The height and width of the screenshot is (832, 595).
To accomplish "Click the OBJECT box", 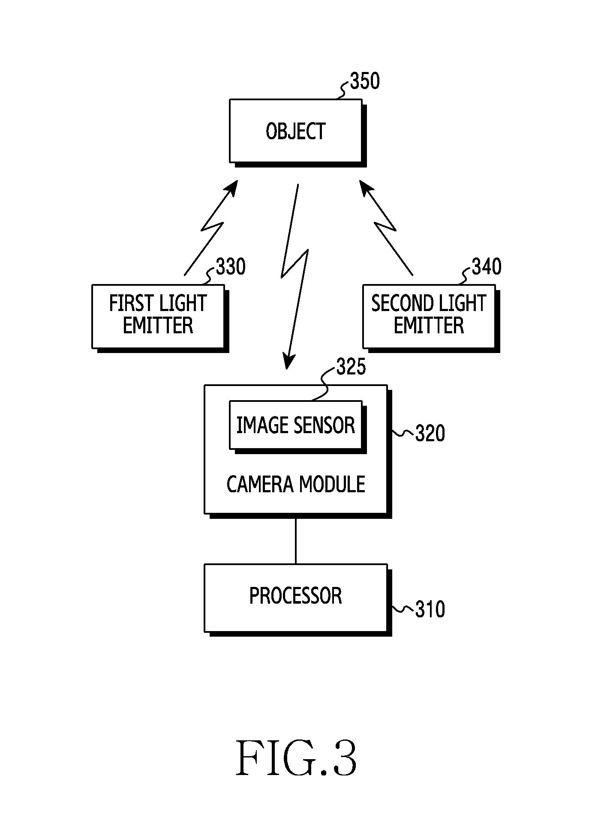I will pos(296,131).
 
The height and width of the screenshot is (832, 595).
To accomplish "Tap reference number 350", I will pos(365,81).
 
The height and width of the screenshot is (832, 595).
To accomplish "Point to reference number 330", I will pos(231,267).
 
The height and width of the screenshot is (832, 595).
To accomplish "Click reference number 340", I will pos(487,267).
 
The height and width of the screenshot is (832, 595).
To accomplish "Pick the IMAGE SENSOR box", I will pos(296,425).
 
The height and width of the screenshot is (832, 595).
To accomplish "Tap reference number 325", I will pos(351,367).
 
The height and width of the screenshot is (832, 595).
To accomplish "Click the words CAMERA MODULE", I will pos(296,485).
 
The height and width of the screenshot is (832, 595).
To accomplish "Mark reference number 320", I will pos(430,434).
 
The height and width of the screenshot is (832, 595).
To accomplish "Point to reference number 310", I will pos(430,609).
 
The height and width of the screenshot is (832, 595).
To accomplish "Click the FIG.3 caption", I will pos(296,759).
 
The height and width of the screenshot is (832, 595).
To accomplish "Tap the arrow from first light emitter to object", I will pos(211,228).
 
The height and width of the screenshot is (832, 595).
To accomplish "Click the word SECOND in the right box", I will pos(399,304).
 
